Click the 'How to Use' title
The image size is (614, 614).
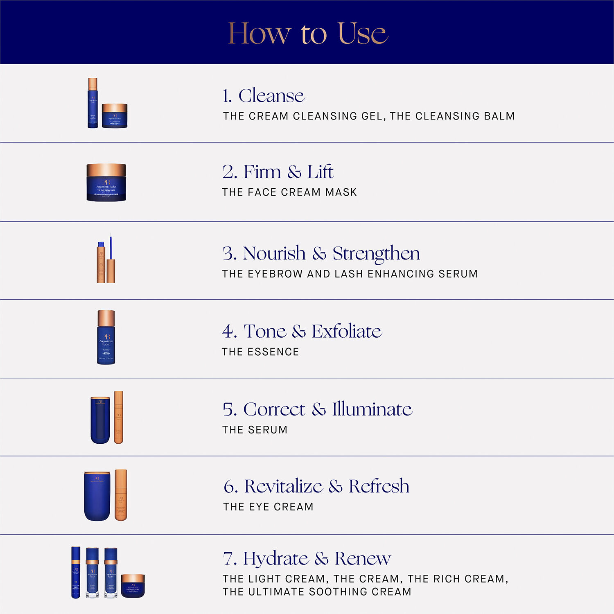click(x=307, y=33)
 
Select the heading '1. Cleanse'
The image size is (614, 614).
click(x=264, y=96)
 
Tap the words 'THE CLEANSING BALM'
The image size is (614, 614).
click(x=452, y=116)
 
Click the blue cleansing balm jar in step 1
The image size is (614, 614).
click(x=115, y=116)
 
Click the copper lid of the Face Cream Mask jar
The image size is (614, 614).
click(x=106, y=169)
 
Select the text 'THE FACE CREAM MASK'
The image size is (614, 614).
click(x=289, y=192)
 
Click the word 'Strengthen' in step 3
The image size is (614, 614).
click(x=376, y=253)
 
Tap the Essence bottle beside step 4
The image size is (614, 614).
click(x=106, y=338)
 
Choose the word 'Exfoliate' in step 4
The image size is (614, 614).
click(x=346, y=331)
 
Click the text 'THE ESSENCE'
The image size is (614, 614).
click(x=260, y=352)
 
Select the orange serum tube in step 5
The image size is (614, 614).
click(x=118, y=418)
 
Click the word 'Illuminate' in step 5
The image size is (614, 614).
click(x=372, y=409)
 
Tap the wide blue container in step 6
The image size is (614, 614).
click(x=97, y=496)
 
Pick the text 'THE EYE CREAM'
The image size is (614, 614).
click(x=268, y=507)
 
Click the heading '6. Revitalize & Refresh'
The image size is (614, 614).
click(x=316, y=486)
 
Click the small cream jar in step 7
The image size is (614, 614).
click(x=133, y=586)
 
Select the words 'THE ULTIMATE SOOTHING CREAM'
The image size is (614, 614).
click(x=317, y=592)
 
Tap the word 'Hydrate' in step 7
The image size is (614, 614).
click(x=275, y=558)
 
